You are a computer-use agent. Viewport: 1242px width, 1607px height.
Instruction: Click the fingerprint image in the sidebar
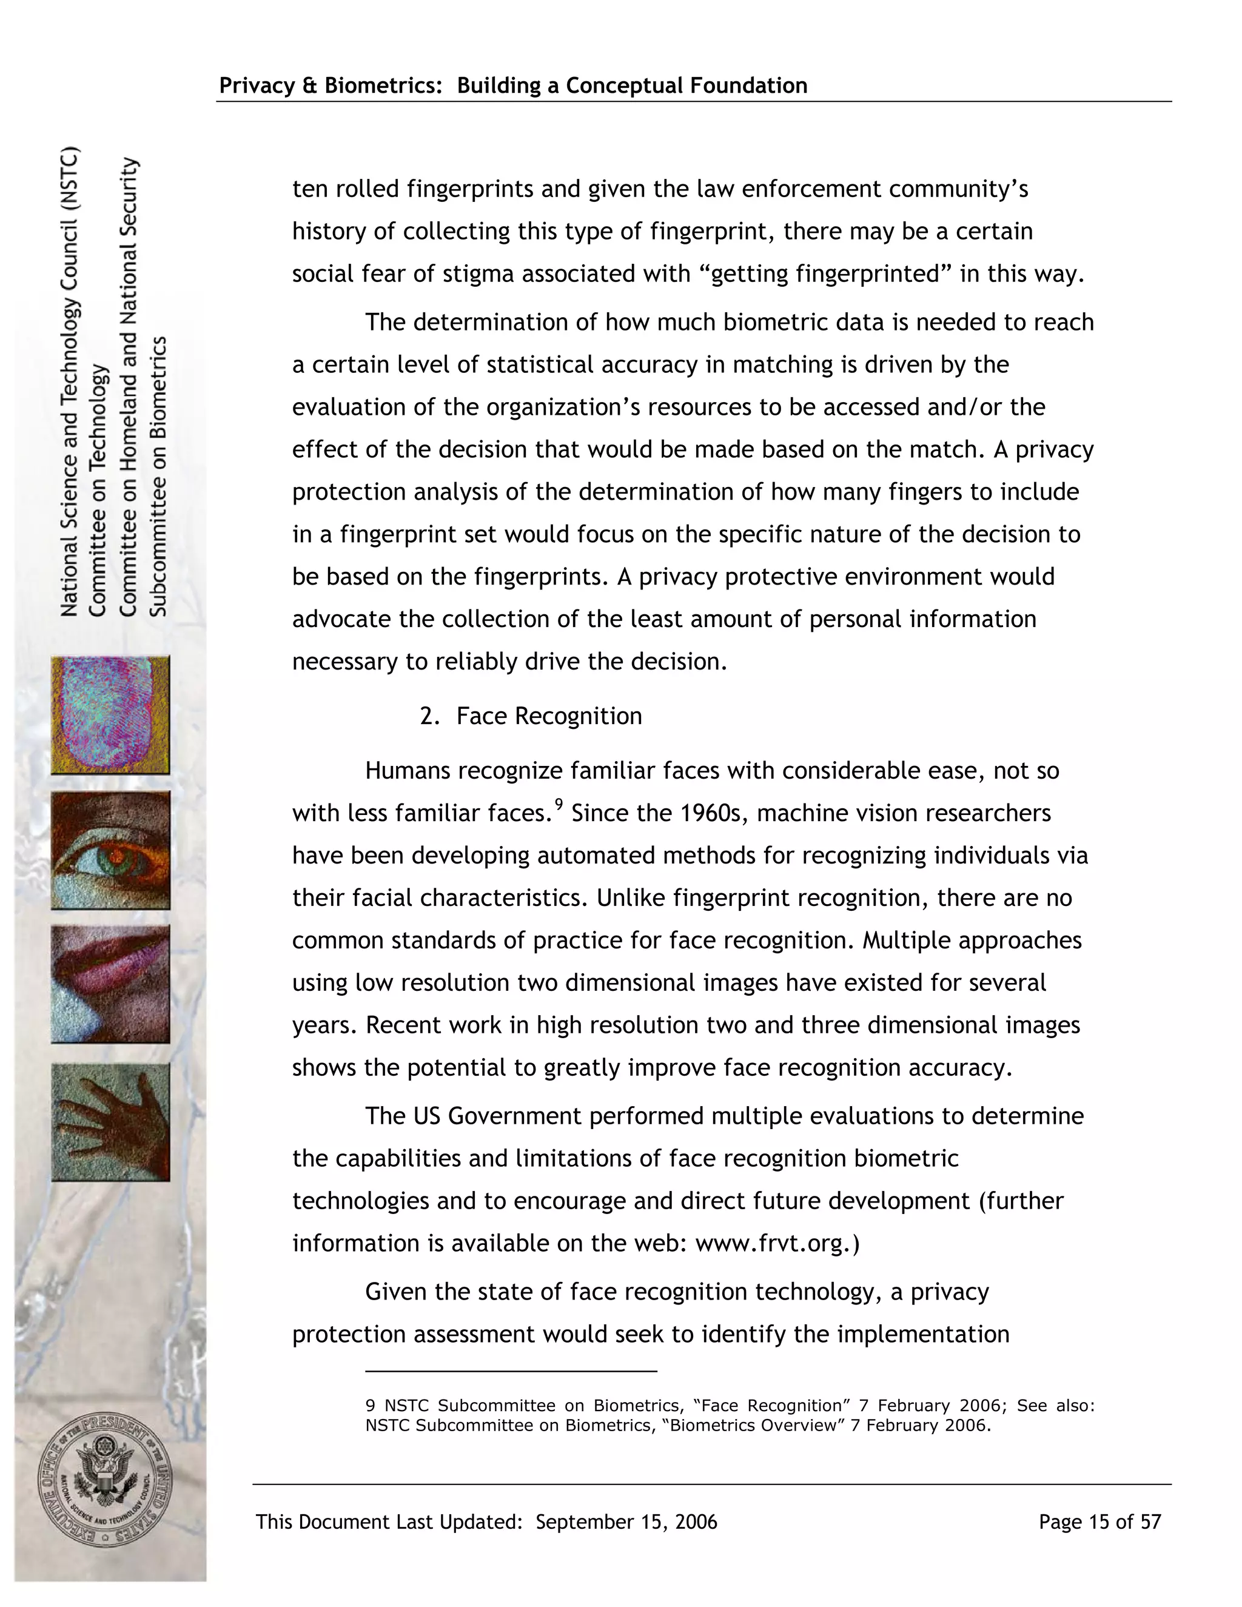(110, 714)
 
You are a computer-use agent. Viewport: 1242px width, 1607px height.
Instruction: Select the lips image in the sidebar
(110, 984)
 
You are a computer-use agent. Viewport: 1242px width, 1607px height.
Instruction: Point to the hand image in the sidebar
(110, 1121)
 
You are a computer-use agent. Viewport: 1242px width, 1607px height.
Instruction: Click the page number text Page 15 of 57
(1099, 1521)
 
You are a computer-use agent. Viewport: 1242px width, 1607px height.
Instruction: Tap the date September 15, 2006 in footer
(626, 1521)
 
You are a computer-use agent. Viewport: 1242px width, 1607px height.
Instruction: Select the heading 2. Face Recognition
(531, 716)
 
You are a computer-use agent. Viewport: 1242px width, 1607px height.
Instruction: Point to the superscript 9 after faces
(559, 804)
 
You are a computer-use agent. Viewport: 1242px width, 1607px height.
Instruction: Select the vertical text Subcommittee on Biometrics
(159, 476)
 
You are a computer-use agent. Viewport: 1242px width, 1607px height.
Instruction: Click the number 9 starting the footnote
(371, 1406)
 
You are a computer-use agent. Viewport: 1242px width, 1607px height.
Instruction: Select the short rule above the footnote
(511, 1372)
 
